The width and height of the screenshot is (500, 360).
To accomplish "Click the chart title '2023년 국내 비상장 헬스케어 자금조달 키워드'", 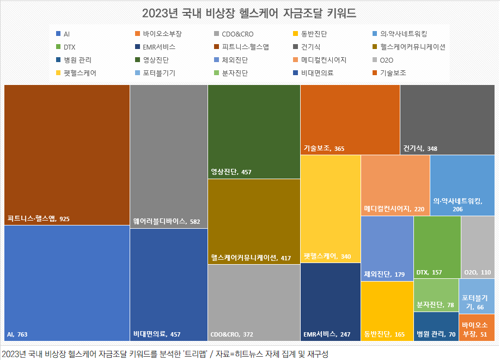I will pyautogui.click(x=249, y=13).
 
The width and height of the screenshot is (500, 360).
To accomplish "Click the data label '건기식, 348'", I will pyautogui.click(x=420, y=148).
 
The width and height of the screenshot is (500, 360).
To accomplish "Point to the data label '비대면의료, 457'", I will pyautogui.click(x=157, y=334).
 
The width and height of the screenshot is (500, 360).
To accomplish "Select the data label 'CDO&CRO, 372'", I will pyautogui.click(x=231, y=334).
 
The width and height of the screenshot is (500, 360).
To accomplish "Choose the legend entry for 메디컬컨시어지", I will pyautogui.click(x=324, y=60).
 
